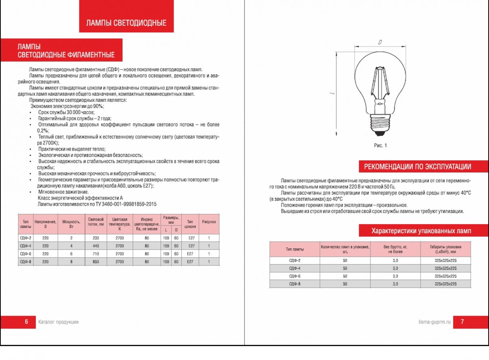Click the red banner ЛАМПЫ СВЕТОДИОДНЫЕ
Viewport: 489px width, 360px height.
click(126, 23)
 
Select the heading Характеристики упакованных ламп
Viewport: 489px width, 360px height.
click(421, 231)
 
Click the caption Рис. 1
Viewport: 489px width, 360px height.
click(380, 146)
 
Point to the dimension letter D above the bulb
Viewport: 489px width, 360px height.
click(379, 42)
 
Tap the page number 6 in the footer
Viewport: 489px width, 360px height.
click(26, 322)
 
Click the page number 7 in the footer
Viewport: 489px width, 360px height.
click(462, 322)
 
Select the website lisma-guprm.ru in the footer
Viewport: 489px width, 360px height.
click(435, 322)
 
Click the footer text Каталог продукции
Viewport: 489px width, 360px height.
click(58, 322)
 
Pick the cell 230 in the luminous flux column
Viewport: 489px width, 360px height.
click(96, 238)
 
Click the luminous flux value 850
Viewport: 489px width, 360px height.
click(96, 262)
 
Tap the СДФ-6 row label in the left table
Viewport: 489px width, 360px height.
click(26, 254)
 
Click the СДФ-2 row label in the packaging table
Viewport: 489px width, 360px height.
click(294, 261)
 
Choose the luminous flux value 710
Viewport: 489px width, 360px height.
click(96, 254)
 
